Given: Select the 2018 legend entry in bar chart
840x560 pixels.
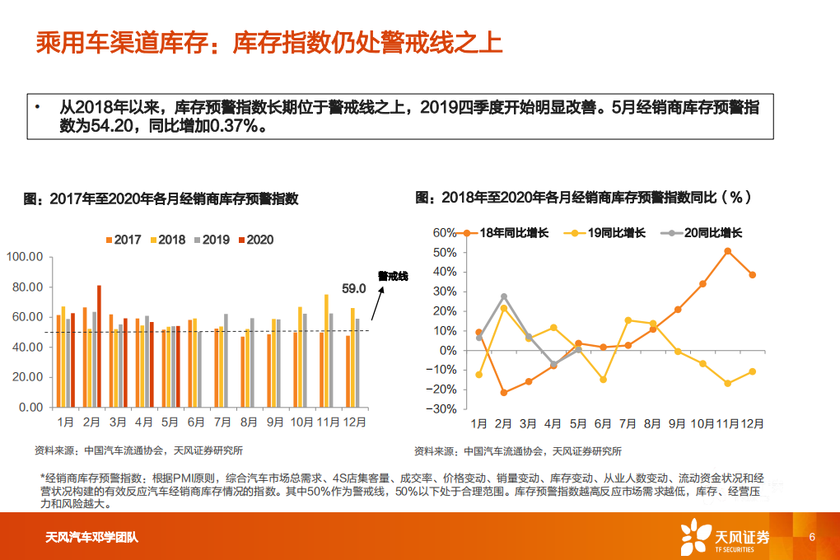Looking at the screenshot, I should (x=166, y=240).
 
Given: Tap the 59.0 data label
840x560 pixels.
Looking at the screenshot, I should (x=353, y=288).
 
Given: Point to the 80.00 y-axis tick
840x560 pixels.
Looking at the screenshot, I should (x=24, y=287).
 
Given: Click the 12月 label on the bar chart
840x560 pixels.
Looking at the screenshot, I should (x=353, y=422).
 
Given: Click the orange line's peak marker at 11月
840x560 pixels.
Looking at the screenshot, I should (x=727, y=251).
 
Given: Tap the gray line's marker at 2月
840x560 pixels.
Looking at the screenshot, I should (x=504, y=296).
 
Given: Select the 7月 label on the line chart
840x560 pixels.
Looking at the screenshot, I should (x=628, y=423).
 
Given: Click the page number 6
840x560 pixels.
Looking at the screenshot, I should (x=811, y=537).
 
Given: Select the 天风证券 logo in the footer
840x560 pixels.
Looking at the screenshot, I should (x=725, y=537).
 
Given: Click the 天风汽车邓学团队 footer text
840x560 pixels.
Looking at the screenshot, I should (x=91, y=538).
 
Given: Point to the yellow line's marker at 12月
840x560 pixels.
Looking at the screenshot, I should (x=752, y=371).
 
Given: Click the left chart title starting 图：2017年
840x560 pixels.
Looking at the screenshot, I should (x=161, y=198).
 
